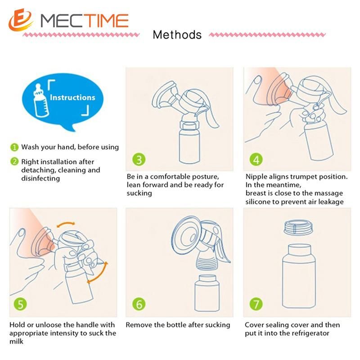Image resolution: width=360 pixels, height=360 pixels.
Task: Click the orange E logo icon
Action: (21, 20)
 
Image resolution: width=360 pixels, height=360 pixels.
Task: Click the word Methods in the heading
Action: (177, 35)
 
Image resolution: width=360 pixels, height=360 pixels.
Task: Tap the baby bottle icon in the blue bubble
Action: (40, 100)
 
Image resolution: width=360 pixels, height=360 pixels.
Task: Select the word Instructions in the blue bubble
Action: (72, 98)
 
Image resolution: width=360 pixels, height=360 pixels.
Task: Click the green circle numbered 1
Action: (14, 147)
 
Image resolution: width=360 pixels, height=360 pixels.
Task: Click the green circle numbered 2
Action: (14, 162)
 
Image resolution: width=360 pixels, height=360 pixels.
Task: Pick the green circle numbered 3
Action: (139, 159)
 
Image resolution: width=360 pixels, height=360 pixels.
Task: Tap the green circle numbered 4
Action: (256, 159)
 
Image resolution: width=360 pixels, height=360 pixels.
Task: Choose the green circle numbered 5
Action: (20, 304)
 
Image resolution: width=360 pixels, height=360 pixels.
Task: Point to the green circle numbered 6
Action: (139, 304)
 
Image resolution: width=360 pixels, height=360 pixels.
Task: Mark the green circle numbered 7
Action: (256, 304)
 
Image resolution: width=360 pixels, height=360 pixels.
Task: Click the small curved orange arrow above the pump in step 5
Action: (66, 223)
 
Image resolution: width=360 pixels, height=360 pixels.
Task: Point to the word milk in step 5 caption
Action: (16, 342)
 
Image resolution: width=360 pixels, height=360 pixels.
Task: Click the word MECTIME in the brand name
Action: (85, 21)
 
